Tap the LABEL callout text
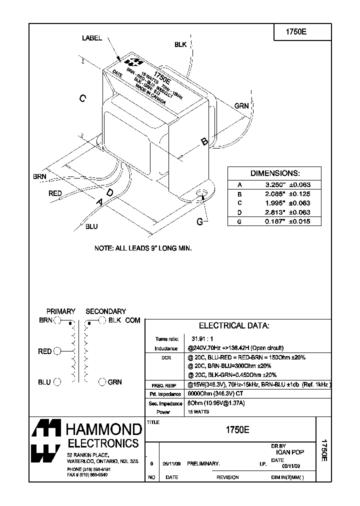pos(91,38)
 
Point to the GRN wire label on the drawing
pos(241,105)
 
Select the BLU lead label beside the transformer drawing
pos(91,226)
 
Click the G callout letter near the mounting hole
pos(199,221)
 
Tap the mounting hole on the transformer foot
pos(202,193)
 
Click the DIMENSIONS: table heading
pos(274,173)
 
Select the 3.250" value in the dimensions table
pos(274,184)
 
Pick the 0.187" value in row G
pos(274,221)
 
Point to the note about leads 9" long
pos(143,248)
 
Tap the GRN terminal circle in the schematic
pos(102,382)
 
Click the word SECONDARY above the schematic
pos(105,311)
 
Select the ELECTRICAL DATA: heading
pos(234,325)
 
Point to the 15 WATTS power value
pos(198,412)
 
